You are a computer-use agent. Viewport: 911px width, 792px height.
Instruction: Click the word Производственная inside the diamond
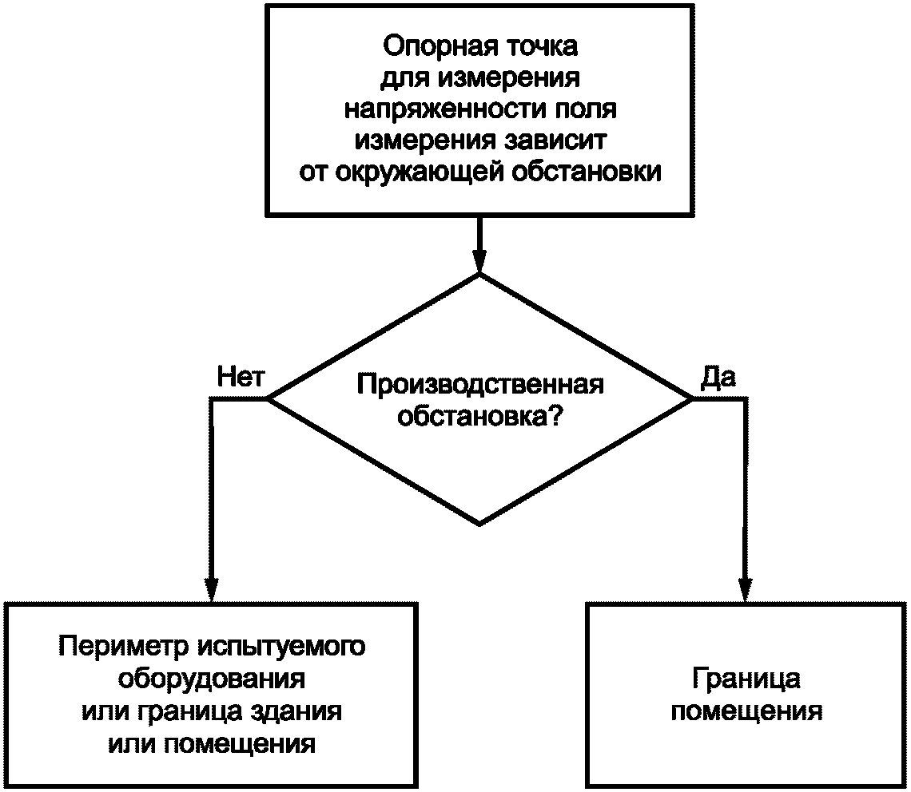pos(479,384)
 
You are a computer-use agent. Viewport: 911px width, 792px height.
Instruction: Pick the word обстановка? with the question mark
pos(479,416)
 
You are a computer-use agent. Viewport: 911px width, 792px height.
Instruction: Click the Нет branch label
pos(240,378)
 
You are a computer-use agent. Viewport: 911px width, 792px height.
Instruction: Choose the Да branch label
pos(718,378)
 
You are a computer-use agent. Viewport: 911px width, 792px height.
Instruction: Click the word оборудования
pos(212,679)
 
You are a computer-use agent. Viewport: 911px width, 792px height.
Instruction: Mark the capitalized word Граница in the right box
pos(746,679)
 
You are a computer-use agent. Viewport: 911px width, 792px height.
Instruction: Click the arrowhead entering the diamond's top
pos(479,261)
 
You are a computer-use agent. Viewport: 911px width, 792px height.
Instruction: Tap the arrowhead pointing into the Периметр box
pos(212,589)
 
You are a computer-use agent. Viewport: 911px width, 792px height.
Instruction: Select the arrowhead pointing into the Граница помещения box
pos(746,589)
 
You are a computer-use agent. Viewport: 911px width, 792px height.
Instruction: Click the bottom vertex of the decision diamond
pos(479,524)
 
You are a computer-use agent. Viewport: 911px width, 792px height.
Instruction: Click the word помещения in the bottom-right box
pos(746,711)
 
